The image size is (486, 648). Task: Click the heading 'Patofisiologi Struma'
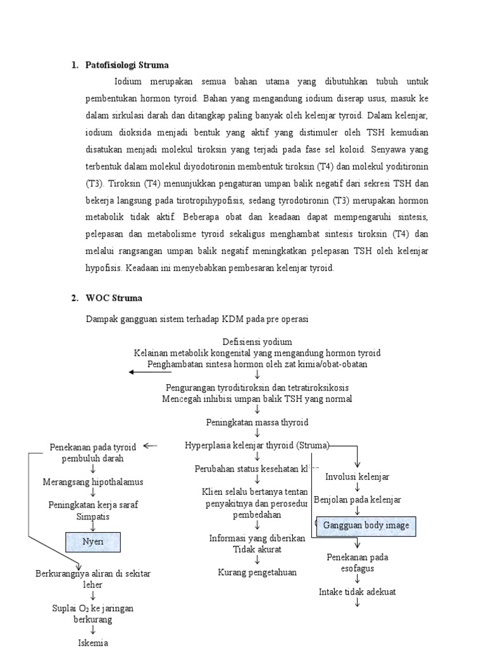[x=127, y=65]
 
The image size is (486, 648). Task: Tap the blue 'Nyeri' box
[x=93, y=542]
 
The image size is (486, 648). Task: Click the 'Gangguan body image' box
[x=366, y=525]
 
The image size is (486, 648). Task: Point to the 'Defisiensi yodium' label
[x=257, y=342]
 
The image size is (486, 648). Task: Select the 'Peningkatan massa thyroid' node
[x=257, y=421]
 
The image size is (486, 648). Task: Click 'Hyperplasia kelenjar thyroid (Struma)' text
[x=257, y=445]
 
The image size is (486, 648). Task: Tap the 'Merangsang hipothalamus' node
[x=93, y=482]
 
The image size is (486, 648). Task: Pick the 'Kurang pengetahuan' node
[x=257, y=572]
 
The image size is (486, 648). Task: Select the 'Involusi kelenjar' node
[x=358, y=477]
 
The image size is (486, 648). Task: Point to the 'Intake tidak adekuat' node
[x=358, y=592]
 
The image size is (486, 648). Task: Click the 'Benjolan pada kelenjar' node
[x=358, y=500]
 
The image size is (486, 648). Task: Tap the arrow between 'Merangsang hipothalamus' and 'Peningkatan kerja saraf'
[x=93, y=493]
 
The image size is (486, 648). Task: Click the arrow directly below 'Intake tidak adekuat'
[x=358, y=603]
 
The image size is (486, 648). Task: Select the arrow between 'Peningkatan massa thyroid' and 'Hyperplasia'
[x=257, y=433]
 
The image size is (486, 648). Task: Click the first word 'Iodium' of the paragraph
[x=130, y=82]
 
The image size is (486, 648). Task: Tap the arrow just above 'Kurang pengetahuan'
[x=257, y=561]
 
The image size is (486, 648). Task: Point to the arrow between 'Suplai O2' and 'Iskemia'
[x=93, y=630]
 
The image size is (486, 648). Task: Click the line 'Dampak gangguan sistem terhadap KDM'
[x=197, y=319]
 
